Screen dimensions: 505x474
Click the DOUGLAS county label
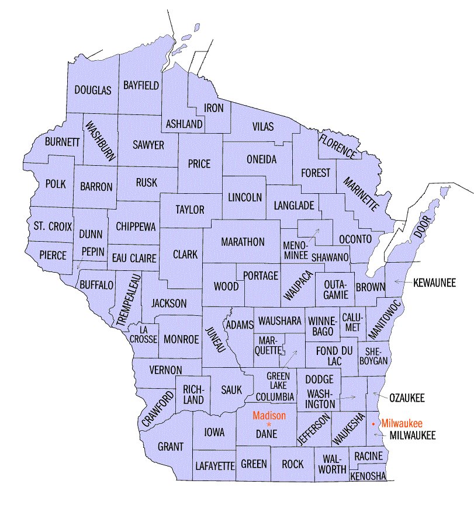[92, 90]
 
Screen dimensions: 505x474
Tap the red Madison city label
[269, 416]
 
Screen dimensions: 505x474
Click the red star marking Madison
[269, 424]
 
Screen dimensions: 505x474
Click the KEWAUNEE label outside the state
[434, 283]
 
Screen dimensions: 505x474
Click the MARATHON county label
[243, 242]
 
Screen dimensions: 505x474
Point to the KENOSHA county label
[368, 476]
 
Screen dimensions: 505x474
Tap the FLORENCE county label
[337, 146]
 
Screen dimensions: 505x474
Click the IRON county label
[213, 108]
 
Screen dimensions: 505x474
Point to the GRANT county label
[170, 447]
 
